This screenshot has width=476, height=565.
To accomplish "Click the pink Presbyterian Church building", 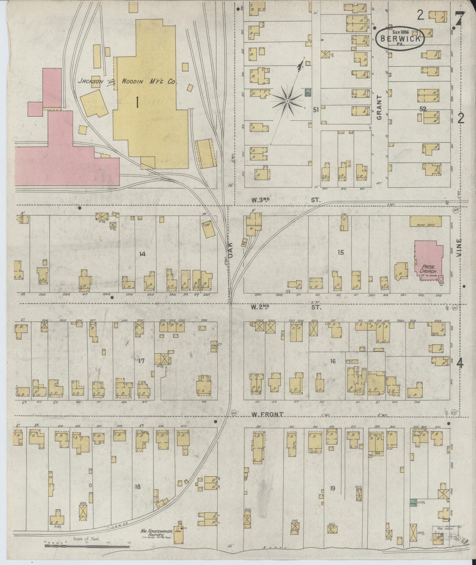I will [x=428, y=260].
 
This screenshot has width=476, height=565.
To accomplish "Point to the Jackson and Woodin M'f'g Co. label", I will [x=127, y=81].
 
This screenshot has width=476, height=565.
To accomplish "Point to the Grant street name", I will [x=379, y=107].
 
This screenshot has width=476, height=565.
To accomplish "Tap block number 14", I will [x=142, y=254].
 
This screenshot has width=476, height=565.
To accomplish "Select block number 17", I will [x=141, y=361].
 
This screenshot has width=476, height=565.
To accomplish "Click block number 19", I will [x=332, y=488].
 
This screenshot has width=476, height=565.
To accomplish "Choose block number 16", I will [x=333, y=361].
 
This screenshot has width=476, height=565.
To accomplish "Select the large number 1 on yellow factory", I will [x=137, y=104].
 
